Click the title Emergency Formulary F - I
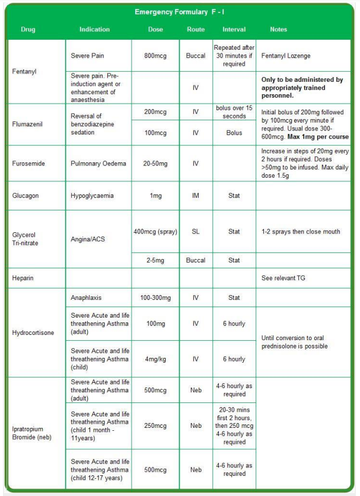(x=179, y=12)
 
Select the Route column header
(x=195, y=30)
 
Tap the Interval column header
(x=234, y=30)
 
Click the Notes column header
(x=278, y=30)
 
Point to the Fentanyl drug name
(x=24, y=72)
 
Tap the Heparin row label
(x=23, y=277)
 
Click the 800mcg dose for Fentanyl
(x=155, y=56)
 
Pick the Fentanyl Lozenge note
(x=286, y=56)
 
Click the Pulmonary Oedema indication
(x=98, y=164)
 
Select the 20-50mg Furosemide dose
(x=155, y=164)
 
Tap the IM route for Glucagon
(x=195, y=195)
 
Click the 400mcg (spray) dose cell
(x=155, y=232)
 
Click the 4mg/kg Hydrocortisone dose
(x=155, y=359)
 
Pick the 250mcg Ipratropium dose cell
(x=155, y=425)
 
